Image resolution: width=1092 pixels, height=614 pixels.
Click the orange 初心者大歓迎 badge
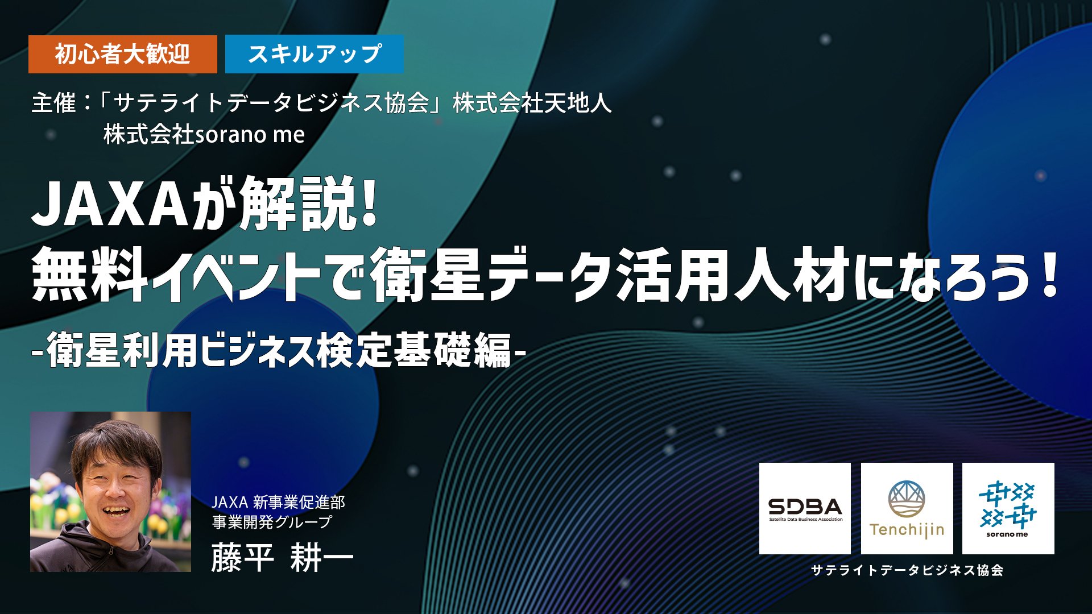pos(122,54)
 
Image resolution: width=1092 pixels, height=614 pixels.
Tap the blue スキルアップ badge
pos(314,54)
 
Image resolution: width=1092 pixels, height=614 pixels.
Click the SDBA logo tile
pos(805,508)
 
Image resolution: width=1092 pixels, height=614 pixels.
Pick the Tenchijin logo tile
pos(907,508)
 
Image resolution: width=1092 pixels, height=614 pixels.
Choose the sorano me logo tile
pos(1008,508)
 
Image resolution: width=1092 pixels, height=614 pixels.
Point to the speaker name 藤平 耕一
pos(282,557)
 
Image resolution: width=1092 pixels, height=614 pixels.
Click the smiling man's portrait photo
pos(110,492)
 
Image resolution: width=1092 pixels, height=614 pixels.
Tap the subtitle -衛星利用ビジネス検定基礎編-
pos(279,351)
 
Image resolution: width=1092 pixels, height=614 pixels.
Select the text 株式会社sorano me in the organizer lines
pos(204,135)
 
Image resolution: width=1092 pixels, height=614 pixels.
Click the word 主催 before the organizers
pos(53,103)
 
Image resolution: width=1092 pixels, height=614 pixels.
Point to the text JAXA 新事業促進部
pos(278,502)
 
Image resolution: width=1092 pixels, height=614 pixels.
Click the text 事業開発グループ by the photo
pos(272,521)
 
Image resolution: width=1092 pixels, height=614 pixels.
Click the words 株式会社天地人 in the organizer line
pos(532,103)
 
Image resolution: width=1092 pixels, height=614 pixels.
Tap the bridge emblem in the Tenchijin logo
pos(907,499)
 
